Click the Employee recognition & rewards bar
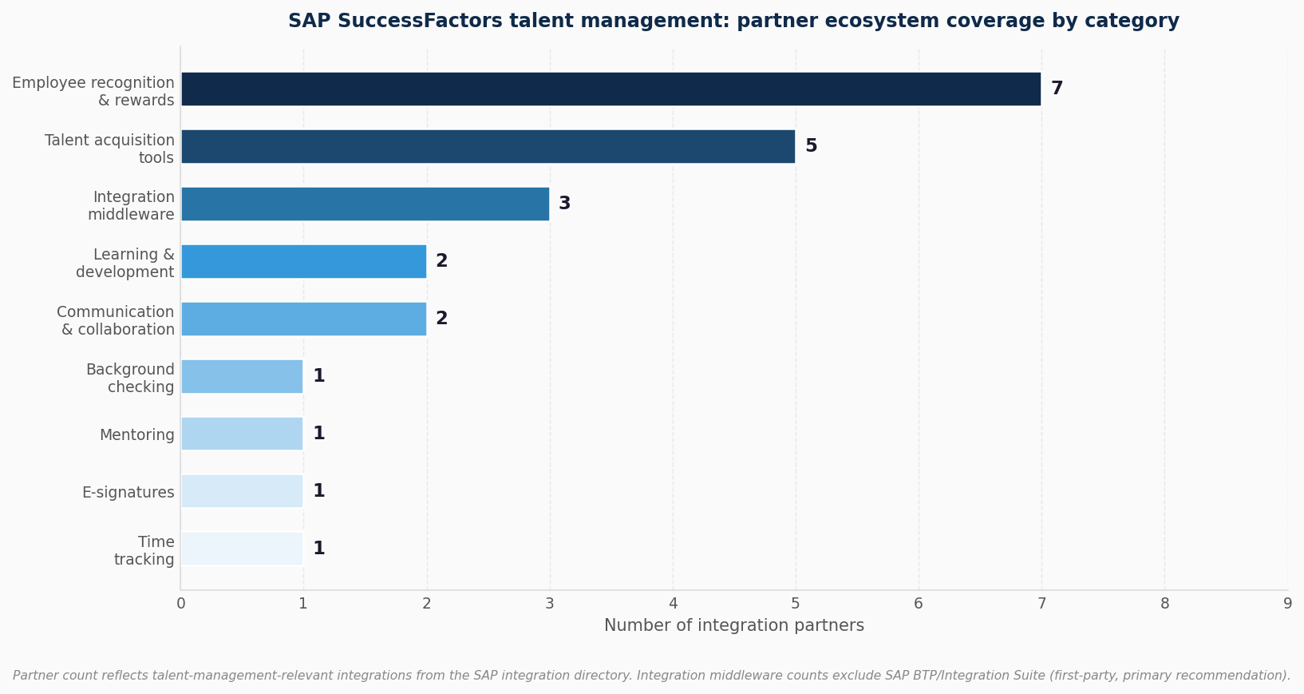click(611, 89)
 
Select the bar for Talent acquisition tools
click(488, 146)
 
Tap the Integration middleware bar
click(365, 204)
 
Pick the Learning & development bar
click(303, 261)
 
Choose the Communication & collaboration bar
click(303, 319)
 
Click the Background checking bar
click(242, 376)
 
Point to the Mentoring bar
click(242, 434)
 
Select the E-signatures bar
click(242, 491)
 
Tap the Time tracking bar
click(242, 549)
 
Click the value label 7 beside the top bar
click(1057, 89)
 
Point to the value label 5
click(811, 146)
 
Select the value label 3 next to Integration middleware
click(564, 204)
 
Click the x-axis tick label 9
click(1287, 604)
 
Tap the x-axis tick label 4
click(673, 604)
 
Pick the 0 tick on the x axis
click(181, 604)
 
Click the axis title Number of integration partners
click(733, 626)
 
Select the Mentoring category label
click(136, 435)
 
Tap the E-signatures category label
click(128, 493)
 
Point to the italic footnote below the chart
click(651, 676)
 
